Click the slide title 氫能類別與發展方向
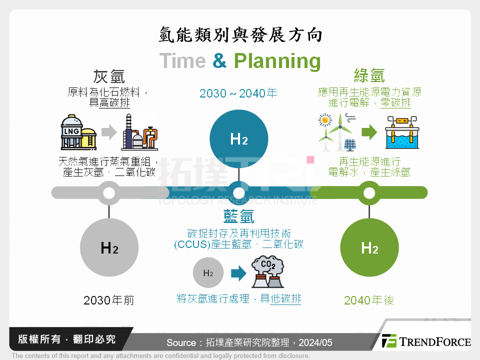click(240, 35)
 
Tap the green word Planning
click(277, 61)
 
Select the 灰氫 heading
click(109, 76)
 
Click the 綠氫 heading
click(369, 75)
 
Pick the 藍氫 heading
click(238, 216)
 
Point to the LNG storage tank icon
click(78, 132)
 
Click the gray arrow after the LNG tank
click(108, 132)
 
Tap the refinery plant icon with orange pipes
click(139, 132)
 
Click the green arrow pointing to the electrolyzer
click(369, 132)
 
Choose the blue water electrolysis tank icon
click(401, 133)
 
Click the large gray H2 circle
click(109, 247)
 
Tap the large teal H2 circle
click(239, 139)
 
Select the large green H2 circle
click(369, 247)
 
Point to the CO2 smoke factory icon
click(267, 272)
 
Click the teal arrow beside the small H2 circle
click(238, 273)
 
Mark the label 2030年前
click(109, 300)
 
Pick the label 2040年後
click(369, 300)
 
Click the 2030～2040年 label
click(238, 93)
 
